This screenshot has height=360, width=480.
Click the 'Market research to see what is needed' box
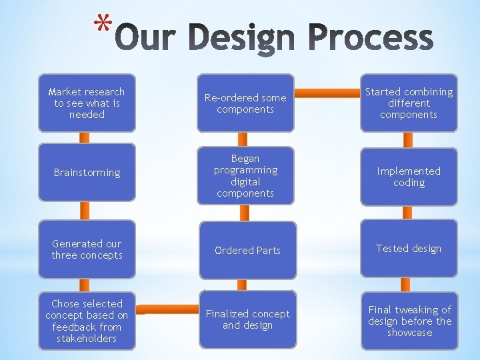tap(87, 103)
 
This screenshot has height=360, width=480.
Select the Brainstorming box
tap(87, 173)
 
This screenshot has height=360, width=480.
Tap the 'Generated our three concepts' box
tap(87, 249)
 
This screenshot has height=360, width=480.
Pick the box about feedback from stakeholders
tap(87, 321)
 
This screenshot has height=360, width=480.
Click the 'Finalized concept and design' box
tap(247, 319)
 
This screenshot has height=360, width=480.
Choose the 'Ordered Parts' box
tap(247, 250)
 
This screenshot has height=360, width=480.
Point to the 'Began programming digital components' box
tap(245, 176)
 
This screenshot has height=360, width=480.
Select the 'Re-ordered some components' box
tap(245, 103)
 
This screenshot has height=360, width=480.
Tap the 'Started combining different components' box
tap(409, 103)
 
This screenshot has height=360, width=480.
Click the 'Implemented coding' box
tap(409, 177)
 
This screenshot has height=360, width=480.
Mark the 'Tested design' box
tap(409, 248)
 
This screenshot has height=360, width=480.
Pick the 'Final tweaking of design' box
tap(409, 321)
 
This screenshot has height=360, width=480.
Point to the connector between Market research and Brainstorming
tap(85, 137)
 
